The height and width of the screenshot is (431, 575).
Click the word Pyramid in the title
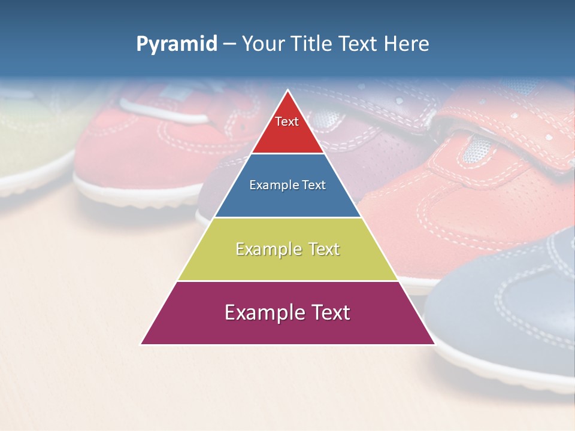pyautogui.click(x=176, y=44)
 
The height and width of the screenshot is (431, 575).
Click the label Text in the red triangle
pyautogui.click(x=287, y=122)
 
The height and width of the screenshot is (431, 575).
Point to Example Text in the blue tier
pyautogui.click(x=287, y=185)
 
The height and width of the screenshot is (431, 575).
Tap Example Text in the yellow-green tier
pyautogui.click(x=287, y=249)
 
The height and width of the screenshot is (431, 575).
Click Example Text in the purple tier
pyautogui.click(x=287, y=312)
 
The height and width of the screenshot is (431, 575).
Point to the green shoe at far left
pyautogui.click(x=30, y=138)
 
